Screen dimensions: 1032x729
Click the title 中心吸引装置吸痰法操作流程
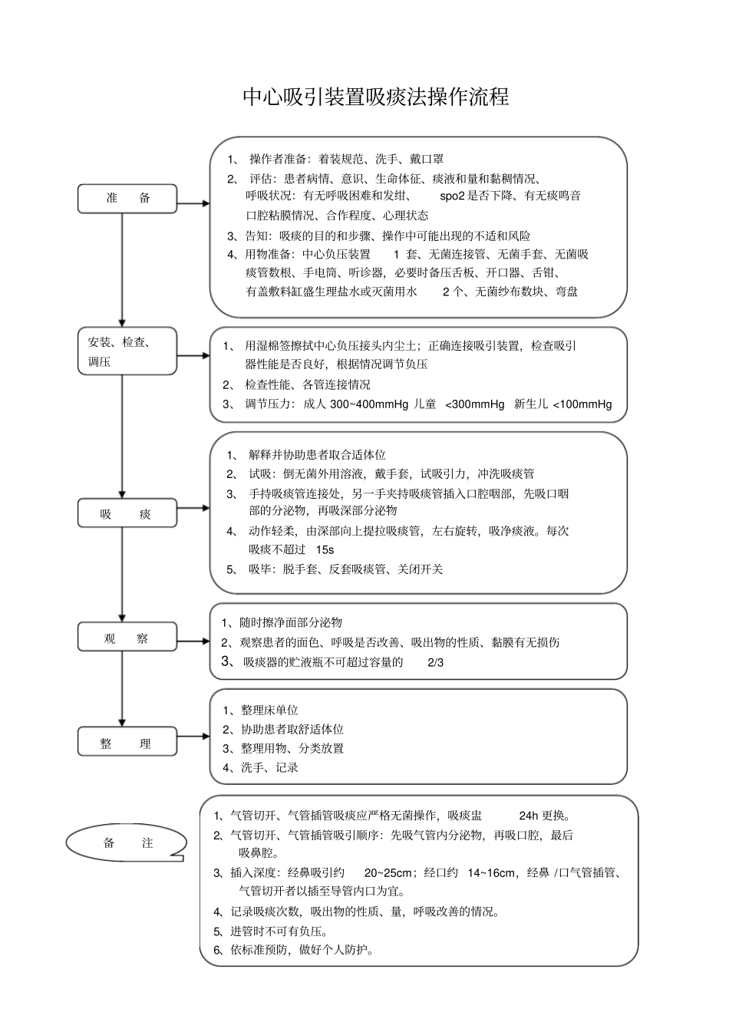click(375, 97)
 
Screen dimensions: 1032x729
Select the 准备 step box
click(127, 199)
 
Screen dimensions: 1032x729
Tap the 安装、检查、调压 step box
click(127, 351)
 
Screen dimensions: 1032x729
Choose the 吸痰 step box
click(127, 513)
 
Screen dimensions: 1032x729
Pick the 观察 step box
click(127, 638)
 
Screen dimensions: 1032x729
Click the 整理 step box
click(127, 743)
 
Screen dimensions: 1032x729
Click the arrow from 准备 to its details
click(193, 203)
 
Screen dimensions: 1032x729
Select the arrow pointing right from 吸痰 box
click(193, 508)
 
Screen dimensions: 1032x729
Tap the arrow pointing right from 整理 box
click(193, 737)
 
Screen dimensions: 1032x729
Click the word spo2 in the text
click(452, 196)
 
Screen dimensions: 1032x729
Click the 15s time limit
click(325, 549)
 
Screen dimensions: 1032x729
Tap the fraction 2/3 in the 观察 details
click(435, 663)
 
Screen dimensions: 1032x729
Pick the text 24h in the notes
click(529, 816)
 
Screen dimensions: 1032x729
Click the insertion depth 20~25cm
click(389, 872)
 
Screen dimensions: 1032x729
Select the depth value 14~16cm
click(491, 872)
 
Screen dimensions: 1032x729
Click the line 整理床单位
click(269, 711)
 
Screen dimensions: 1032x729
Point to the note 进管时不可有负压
click(280, 931)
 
